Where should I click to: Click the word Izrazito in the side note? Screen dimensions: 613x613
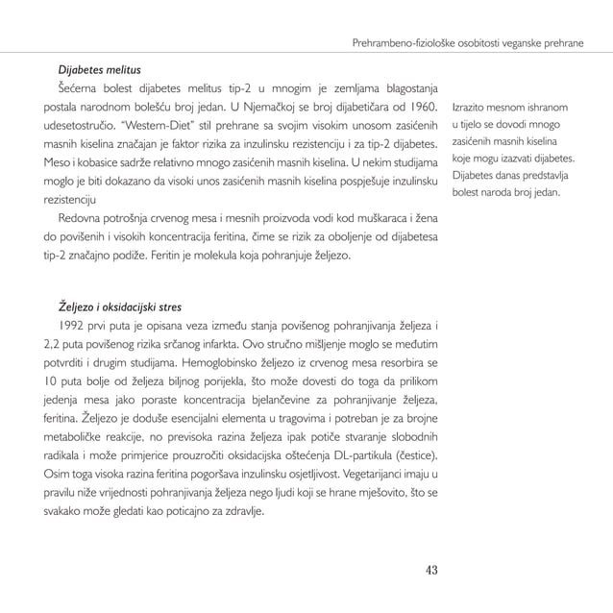click(468, 107)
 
